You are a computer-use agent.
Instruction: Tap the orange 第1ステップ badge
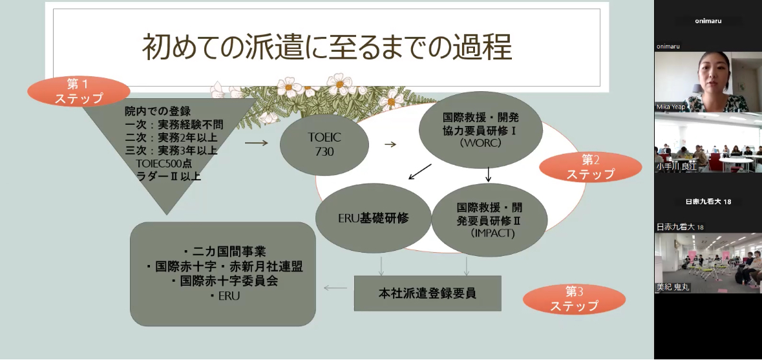[x=79, y=91]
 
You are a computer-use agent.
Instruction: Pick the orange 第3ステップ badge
[x=574, y=299]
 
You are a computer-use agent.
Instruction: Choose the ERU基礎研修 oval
[x=373, y=218]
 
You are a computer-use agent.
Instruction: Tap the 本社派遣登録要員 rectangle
[x=427, y=293]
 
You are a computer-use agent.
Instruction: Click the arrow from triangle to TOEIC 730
[x=256, y=143]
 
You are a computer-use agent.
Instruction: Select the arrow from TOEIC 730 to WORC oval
[x=390, y=144]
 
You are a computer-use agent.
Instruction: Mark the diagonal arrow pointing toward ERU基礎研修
[x=419, y=172]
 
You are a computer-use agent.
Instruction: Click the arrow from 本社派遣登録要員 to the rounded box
[x=335, y=287]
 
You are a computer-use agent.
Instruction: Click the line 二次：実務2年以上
[x=171, y=137]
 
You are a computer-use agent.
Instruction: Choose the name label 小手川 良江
[x=677, y=166]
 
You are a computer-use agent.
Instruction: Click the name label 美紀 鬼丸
[x=673, y=287]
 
